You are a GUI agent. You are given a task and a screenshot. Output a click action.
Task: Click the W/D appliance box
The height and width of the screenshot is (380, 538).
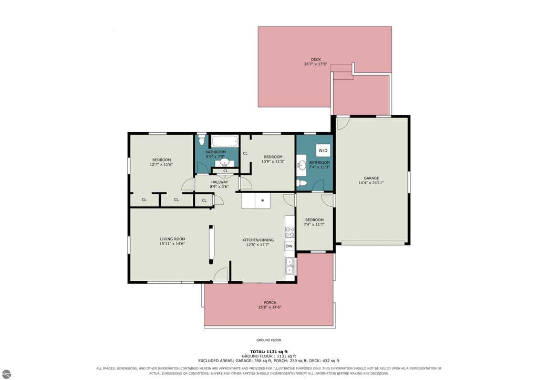pos(323,151)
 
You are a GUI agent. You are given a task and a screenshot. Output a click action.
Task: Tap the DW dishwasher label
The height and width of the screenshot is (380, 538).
pos(289,246)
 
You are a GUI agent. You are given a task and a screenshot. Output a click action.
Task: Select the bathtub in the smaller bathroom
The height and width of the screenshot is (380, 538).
pos(225,141)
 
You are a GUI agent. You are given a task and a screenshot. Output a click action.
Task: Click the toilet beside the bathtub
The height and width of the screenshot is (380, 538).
pos(201,140)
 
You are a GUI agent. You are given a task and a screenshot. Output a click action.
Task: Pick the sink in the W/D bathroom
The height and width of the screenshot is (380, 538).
pos(302,166)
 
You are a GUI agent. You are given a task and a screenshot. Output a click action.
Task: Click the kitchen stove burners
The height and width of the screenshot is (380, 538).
pos(289,232)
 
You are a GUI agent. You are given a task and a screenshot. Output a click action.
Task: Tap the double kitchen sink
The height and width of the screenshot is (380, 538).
pos(290,267)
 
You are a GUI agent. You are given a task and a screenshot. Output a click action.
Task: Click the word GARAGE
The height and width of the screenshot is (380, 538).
pos(371,178)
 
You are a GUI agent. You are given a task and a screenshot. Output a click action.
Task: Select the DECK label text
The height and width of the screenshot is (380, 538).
pos(316,60)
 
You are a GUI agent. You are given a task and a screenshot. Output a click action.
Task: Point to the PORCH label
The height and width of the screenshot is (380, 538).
pos(270,302)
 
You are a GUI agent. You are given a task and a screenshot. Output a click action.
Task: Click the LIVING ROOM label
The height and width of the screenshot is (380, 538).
pos(172,239)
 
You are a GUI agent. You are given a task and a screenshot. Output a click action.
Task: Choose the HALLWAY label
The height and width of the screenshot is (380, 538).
pos(220,182)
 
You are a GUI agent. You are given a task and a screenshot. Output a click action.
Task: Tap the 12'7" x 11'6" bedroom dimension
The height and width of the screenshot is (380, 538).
pos(161,164)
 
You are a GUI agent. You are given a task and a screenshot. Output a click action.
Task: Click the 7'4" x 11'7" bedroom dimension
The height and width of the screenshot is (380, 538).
pos(314,225)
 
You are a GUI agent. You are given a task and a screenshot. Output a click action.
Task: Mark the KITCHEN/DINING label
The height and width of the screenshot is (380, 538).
pos(258,240)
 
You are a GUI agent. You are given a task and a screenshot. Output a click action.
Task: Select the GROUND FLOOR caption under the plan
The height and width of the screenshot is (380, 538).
pos(268,340)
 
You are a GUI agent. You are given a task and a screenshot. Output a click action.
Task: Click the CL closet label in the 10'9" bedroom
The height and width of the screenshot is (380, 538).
pos(245,153)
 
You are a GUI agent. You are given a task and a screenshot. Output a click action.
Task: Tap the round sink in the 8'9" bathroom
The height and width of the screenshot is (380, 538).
pos(225,162)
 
